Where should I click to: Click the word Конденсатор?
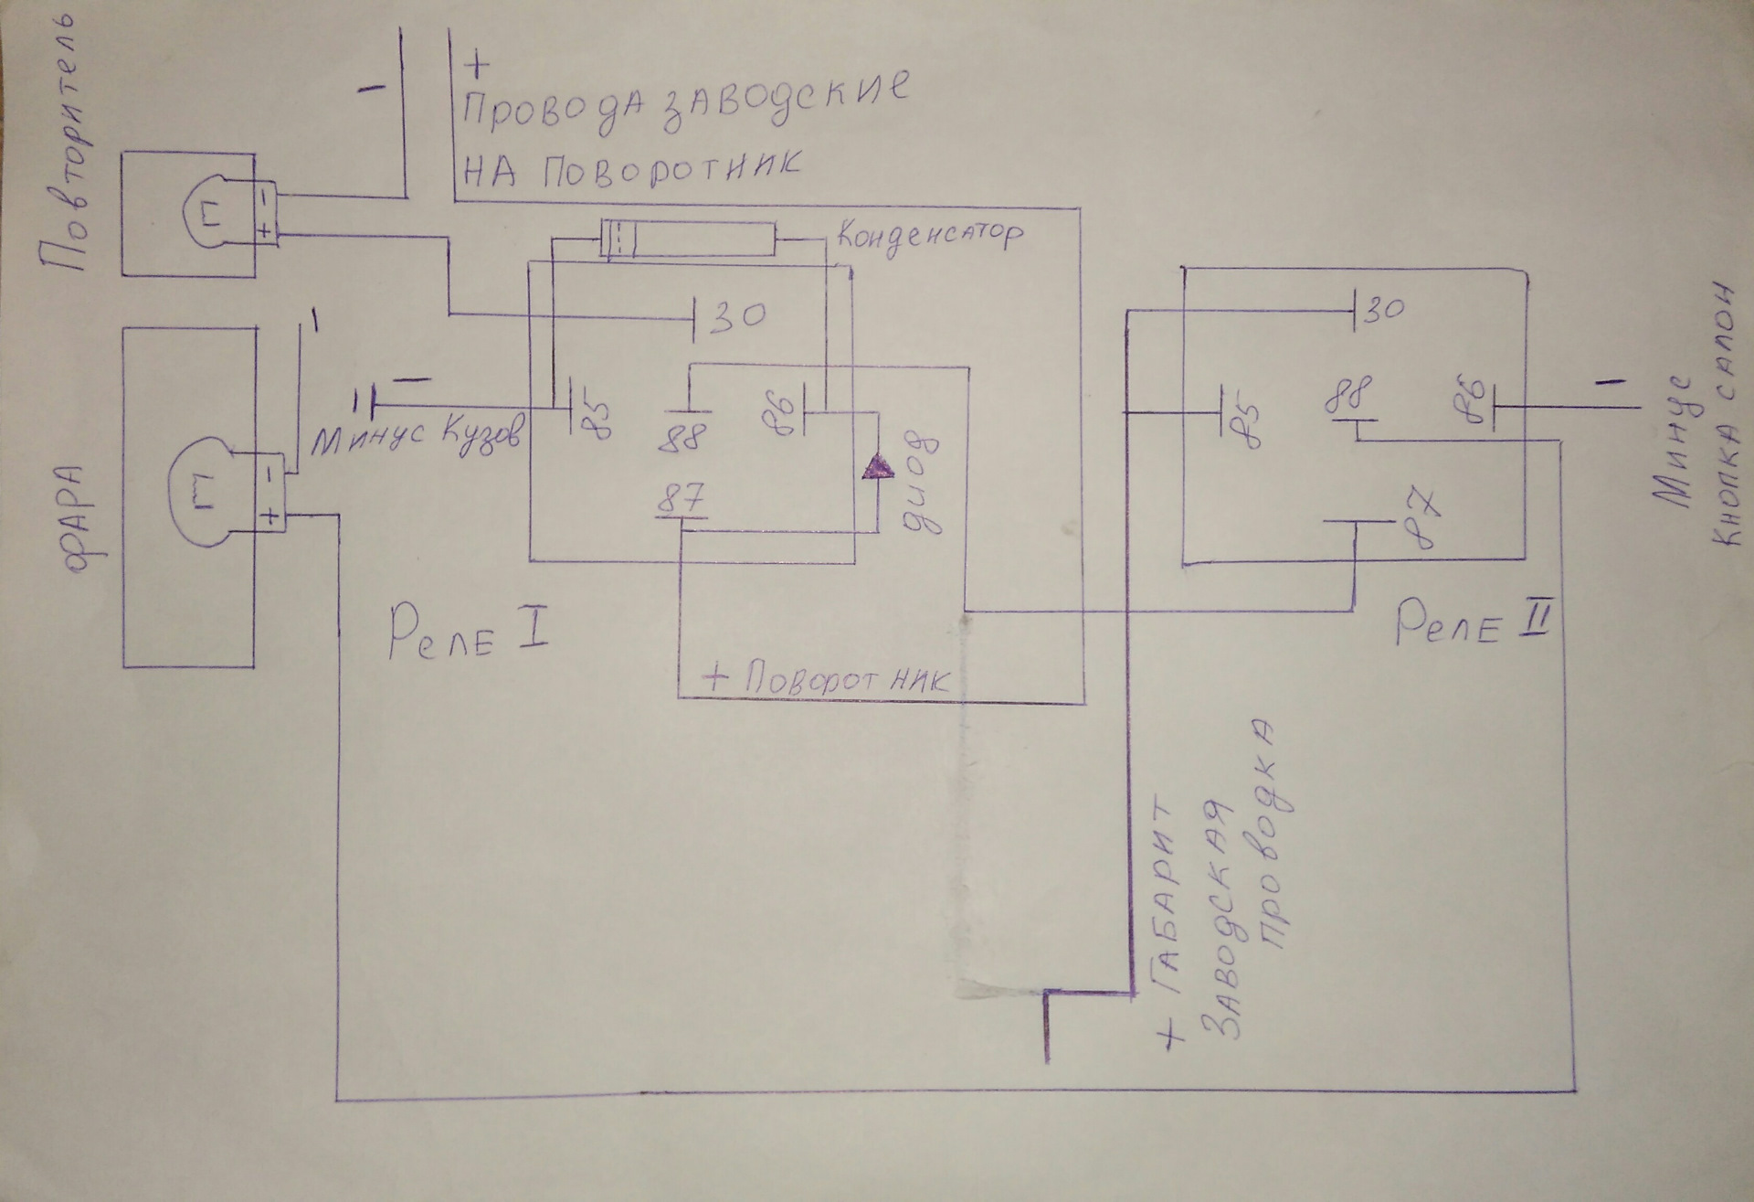[928, 237]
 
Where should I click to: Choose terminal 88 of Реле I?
[685, 437]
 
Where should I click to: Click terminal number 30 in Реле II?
[1383, 310]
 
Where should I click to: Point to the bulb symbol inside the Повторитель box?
[212, 216]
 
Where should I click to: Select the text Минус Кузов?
[417, 443]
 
